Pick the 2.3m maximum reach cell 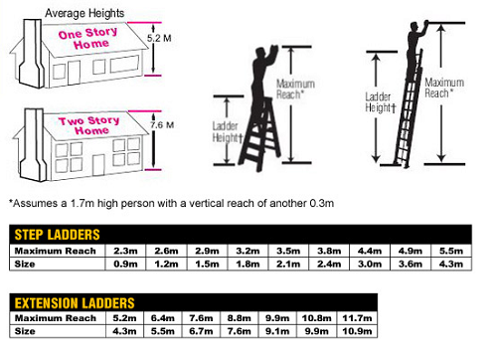click(x=124, y=250)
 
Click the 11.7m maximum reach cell click(x=352, y=317)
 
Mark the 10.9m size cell click(x=352, y=331)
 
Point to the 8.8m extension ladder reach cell click(x=239, y=317)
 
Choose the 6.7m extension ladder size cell click(x=201, y=331)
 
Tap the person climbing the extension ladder click(x=415, y=60)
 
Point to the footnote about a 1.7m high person click(x=170, y=202)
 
